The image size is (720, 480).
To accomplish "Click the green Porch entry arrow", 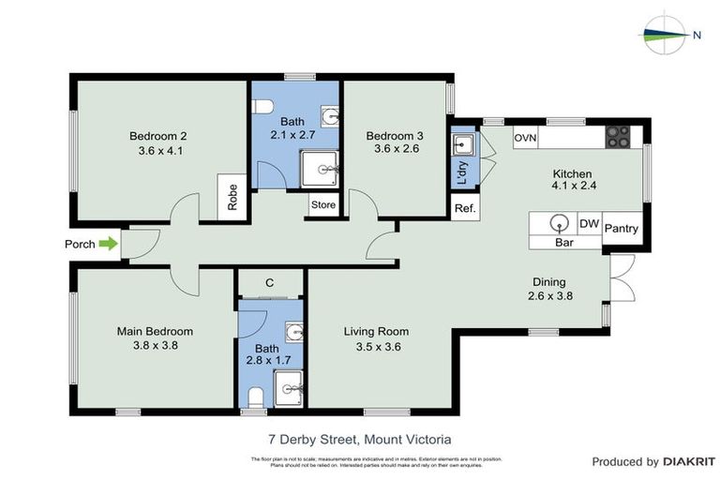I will tap(109, 244).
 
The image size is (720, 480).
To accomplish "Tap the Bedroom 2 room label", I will tap(159, 136).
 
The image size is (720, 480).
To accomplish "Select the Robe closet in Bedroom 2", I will tap(232, 197).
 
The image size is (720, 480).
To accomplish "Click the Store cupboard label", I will tap(323, 205).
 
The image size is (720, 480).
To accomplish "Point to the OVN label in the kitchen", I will tap(525, 138).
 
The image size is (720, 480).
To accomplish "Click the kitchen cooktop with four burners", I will tap(618, 137).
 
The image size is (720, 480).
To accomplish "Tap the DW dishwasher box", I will tap(588, 224).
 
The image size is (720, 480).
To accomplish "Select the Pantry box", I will tap(622, 228).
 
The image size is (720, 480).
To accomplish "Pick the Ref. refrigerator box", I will tap(464, 208).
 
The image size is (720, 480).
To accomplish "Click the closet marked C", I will tap(269, 282).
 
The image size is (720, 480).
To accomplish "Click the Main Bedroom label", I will tap(155, 331).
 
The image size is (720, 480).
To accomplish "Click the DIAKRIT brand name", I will tap(689, 461).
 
